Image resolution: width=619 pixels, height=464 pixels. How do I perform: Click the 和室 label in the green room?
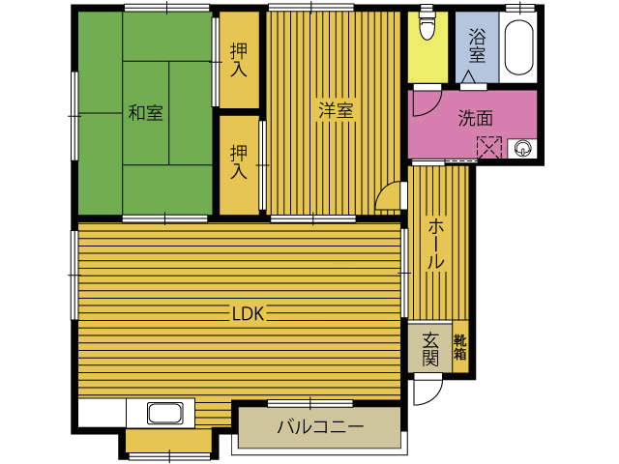coord(145,113)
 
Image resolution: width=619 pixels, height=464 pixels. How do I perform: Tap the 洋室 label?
coord(336,110)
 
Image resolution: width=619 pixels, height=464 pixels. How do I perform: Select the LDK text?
coord(248,314)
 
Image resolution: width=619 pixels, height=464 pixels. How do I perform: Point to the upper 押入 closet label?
coord(239,60)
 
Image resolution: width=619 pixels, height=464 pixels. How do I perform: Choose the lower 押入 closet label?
coord(239,161)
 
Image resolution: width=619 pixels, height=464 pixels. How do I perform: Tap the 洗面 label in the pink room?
coord(475,118)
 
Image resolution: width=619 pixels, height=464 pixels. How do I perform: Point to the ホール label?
coord(436,245)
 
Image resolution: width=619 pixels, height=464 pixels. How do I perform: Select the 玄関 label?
coord(429,349)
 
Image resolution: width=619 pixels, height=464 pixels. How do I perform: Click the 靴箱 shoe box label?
coord(460,347)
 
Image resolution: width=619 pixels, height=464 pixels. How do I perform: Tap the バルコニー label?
coord(320,427)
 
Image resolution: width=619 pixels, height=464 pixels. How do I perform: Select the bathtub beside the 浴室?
coord(518,47)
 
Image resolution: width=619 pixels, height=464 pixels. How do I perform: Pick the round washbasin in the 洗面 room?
coord(522,149)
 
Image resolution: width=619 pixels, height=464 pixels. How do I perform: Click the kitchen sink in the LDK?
coord(165,413)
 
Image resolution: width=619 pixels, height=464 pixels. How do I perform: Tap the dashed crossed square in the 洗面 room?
coord(489,148)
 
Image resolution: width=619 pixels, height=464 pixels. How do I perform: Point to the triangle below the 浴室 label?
coord(468,76)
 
